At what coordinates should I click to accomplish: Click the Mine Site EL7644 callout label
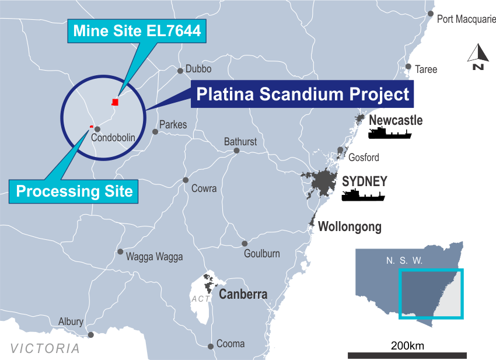[x=137, y=32]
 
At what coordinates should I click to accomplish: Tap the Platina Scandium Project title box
[x=302, y=94]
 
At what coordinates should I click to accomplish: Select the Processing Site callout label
[x=74, y=191]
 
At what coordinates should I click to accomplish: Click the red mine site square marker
[x=115, y=102]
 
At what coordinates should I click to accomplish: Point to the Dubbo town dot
[x=180, y=71]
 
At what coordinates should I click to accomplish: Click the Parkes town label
[x=173, y=125]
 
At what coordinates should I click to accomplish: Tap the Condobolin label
[x=113, y=138]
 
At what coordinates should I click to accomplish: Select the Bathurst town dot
[x=236, y=151]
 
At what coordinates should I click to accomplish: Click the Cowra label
[x=204, y=188]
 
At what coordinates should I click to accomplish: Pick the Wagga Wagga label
[x=154, y=257]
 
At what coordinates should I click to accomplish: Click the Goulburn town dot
[x=244, y=244]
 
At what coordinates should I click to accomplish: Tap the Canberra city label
[x=243, y=295]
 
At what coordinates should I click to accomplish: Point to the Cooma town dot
[x=211, y=347]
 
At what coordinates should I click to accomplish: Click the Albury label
[x=71, y=322]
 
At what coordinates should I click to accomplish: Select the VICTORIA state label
[x=45, y=349]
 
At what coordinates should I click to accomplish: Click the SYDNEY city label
[x=364, y=181]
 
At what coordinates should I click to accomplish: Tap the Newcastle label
[x=396, y=121]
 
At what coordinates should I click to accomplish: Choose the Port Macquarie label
[x=466, y=19]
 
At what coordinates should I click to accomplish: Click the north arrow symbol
[x=478, y=57]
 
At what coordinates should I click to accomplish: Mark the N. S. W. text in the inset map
[x=404, y=260]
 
